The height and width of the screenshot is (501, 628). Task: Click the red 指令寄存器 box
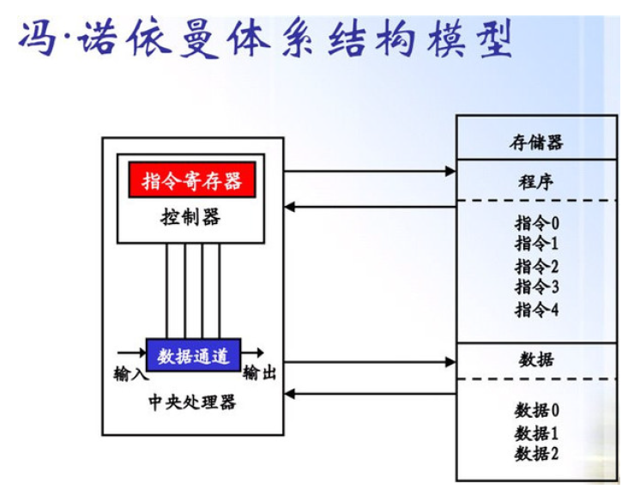click(x=191, y=180)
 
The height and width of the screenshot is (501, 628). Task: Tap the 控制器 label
click(x=190, y=218)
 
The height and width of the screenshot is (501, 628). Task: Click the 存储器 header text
click(x=536, y=142)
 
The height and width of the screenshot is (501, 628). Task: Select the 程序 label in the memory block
click(x=536, y=182)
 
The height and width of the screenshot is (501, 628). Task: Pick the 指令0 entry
click(x=537, y=224)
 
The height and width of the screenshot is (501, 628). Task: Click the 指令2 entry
click(x=537, y=266)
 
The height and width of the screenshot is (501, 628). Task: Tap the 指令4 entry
click(x=537, y=309)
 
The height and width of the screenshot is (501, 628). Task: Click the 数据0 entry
click(x=537, y=410)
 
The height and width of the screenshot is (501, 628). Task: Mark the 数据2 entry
click(x=537, y=453)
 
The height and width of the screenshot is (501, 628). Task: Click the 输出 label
click(x=260, y=374)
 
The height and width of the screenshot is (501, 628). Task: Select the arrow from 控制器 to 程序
click(x=369, y=172)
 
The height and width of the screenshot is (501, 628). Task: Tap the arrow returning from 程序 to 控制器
click(x=369, y=206)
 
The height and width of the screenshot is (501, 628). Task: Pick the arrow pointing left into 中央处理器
click(x=369, y=394)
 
